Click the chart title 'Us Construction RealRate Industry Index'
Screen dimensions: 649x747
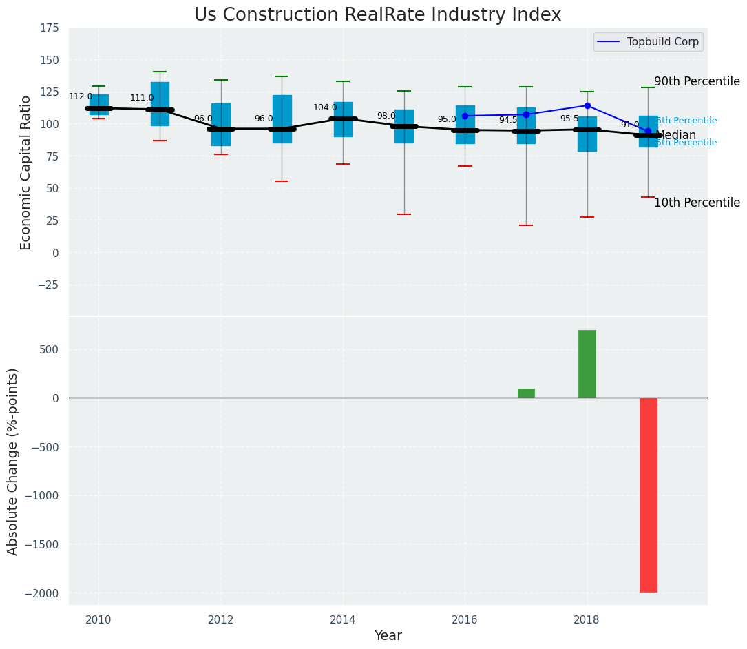377,15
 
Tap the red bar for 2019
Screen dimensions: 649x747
648,495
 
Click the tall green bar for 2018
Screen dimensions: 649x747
587,364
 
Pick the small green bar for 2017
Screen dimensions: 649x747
526,393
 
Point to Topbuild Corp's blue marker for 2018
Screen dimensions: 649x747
587,106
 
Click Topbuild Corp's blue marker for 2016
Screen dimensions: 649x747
465,116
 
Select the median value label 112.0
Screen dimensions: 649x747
81,96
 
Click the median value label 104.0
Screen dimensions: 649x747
325,107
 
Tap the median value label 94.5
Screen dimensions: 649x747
508,120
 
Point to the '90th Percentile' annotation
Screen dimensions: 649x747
697,81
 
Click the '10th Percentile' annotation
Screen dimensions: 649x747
697,203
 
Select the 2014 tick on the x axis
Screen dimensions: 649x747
343,619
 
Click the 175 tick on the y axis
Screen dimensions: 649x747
50,28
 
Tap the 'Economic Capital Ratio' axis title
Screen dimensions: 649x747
26,172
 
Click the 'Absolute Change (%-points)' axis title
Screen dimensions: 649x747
13,461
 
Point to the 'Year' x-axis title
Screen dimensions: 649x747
388,636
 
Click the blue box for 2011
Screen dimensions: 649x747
160,103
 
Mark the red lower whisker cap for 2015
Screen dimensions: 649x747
404,214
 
